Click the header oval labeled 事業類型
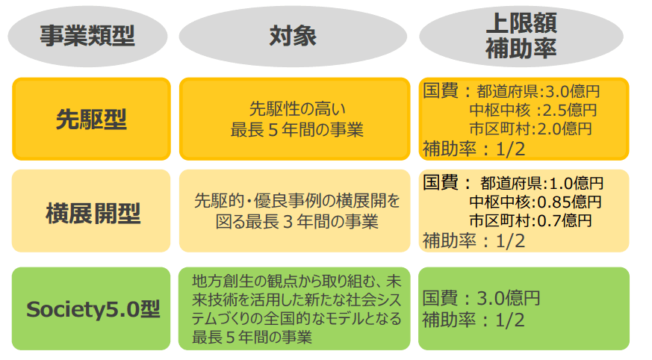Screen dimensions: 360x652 pos(88,37)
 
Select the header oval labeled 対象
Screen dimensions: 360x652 pos(293,37)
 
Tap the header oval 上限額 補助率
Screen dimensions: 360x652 pos(521,37)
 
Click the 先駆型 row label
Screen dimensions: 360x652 pos(91,119)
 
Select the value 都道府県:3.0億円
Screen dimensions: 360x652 pos(535,92)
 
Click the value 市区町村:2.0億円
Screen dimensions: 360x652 pos(530,128)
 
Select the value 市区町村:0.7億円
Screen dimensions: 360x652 pos(530,220)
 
